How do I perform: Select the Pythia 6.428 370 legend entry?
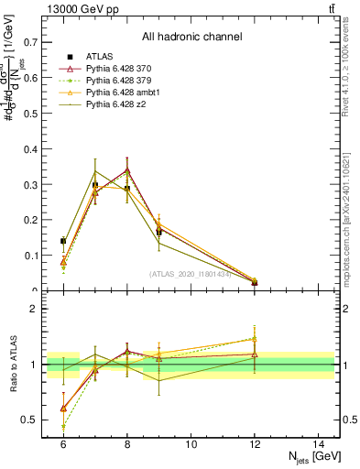119,70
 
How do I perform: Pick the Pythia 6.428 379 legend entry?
119,82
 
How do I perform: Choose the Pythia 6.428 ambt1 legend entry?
121,93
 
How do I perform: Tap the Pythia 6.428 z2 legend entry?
116,105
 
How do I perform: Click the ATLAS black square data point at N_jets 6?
63,241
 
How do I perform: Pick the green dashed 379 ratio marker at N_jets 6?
63,426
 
